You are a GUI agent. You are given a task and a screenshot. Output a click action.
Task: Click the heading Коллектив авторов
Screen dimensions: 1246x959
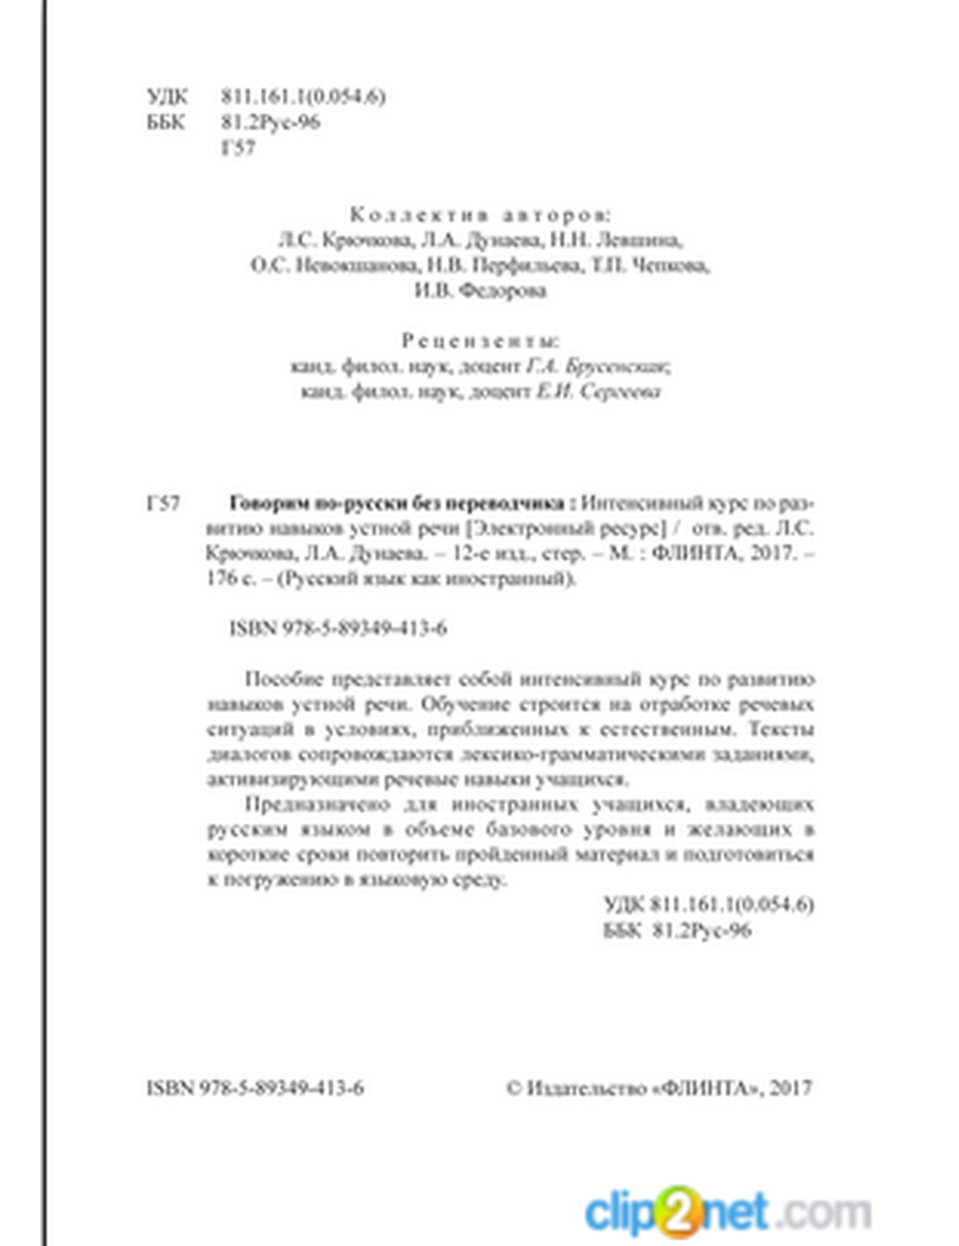point(479,214)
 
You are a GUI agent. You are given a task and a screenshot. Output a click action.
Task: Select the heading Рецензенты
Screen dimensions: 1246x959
point(479,340)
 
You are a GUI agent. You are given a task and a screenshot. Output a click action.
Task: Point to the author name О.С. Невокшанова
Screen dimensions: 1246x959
point(333,265)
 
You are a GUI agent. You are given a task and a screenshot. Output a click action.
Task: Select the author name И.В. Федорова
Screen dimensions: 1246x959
point(479,291)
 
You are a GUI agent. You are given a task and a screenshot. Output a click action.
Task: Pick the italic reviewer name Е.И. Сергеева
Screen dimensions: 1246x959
point(598,392)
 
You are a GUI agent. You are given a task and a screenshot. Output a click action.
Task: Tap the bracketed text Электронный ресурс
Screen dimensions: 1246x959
point(565,528)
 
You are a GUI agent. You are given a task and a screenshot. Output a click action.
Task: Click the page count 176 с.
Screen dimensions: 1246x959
point(230,579)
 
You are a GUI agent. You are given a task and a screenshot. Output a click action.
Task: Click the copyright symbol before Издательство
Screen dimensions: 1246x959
point(514,1088)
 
